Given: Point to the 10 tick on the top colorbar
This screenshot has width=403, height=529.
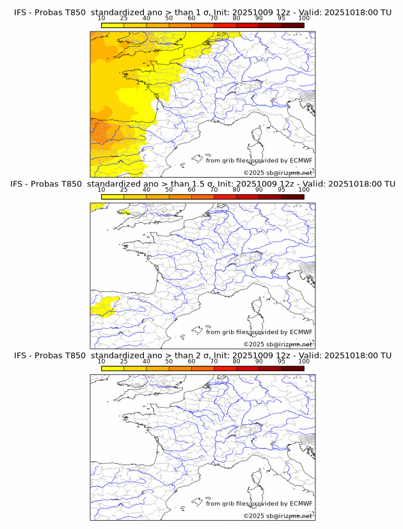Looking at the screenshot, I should (102, 19).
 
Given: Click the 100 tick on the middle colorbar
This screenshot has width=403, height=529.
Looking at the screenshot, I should (304, 190).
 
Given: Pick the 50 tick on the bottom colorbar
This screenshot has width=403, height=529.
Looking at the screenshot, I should (169, 361).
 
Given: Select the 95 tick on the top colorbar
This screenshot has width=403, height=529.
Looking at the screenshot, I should (281, 19).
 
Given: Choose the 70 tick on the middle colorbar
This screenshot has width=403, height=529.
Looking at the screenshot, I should (214, 190).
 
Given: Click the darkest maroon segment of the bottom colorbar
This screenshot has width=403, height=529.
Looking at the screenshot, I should (292, 367).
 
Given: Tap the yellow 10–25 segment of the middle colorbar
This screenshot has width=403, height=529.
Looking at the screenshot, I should (113, 196).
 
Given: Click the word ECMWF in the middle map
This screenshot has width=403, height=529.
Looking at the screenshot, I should (301, 332).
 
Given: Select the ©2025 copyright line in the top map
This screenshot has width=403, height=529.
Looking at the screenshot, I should (278, 172).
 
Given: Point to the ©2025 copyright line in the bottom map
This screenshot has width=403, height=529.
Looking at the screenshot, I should (278, 516).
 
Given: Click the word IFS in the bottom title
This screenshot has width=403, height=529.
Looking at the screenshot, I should (20, 355).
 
